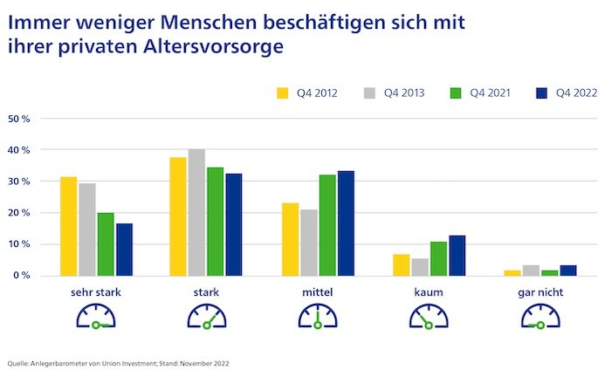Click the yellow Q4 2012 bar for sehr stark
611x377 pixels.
pyautogui.click(x=68, y=226)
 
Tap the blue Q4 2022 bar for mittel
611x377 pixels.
pyautogui.click(x=346, y=223)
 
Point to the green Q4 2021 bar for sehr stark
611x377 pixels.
pyautogui.click(x=106, y=243)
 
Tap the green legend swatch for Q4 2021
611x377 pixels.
pyautogui.click(x=451, y=92)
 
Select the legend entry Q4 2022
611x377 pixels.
pyautogui.click(x=560, y=92)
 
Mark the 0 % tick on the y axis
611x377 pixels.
pyautogui.click(x=21, y=276)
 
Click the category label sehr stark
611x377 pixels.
pyautogui.click(x=96, y=292)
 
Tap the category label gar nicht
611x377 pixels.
pyautogui.click(x=539, y=292)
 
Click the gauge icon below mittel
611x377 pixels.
pyautogui.click(x=318, y=318)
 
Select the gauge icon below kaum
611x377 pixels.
pyautogui.click(x=429, y=318)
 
